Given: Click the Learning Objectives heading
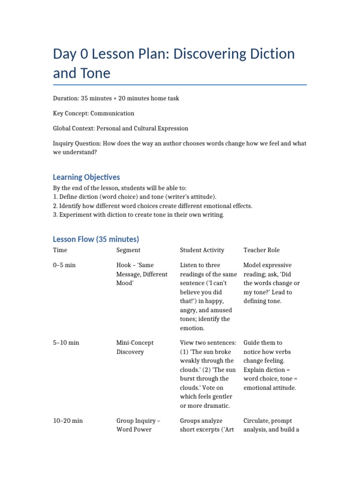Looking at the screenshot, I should (86, 177).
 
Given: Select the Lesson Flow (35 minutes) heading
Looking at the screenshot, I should (96, 239).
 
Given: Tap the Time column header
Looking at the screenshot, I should (60, 250).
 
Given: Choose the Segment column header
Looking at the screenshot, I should (128, 250).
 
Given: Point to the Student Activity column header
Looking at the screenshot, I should (202, 250).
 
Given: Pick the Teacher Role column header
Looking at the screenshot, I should (262, 250).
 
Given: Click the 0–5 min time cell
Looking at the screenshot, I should (64, 265).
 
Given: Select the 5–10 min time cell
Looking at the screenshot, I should (66, 343).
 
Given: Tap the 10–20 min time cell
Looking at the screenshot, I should (68, 420).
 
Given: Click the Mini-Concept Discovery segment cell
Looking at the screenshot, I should (135, 347).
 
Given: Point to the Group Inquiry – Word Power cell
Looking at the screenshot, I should (138, 425).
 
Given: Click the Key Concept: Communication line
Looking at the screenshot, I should (93, 113).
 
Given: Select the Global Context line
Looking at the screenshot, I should (120, 128).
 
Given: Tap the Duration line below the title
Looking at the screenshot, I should (116, 98).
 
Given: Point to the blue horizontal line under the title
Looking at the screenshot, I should (180, 85).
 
